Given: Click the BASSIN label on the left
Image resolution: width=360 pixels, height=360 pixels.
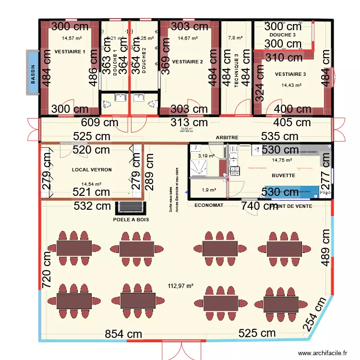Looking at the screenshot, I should tap(33, 75).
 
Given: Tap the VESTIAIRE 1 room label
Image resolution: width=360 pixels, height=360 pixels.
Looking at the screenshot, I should tap(70, 51).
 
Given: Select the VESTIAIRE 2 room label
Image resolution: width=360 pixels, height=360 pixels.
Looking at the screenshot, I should tap(187, 61).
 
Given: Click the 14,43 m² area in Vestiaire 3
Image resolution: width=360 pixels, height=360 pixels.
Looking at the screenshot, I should tap(291, 85).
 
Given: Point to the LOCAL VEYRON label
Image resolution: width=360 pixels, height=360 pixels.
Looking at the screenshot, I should tap(92, 170).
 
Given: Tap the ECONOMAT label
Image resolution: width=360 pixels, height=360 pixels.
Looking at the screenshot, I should tap(209, 205).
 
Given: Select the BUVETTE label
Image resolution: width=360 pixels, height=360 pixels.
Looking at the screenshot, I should tap(283, 176).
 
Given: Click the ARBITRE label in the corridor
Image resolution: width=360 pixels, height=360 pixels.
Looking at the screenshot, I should tap(227, 138).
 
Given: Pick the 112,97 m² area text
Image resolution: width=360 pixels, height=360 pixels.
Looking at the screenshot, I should tap(180, 286).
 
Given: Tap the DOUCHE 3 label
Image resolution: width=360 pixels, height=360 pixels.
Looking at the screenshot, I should tap(283, 35).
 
